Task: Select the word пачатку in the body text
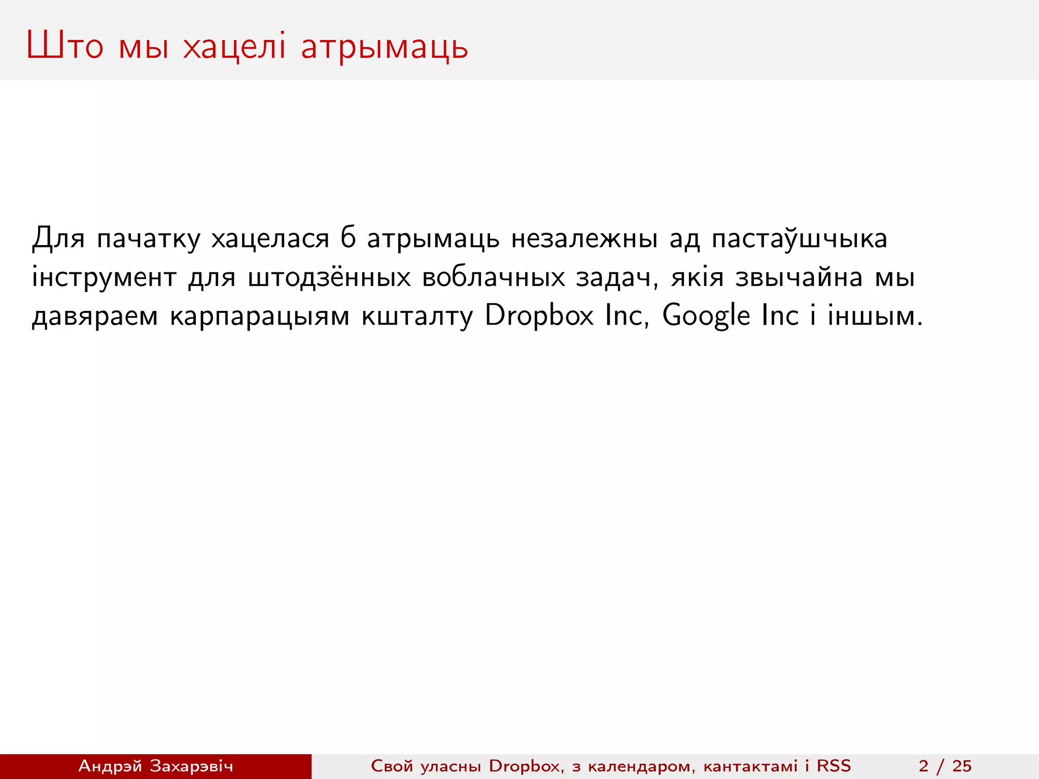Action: click(x=148, y=238)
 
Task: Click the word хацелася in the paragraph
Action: click(x=270, y=238)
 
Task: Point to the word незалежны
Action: click(x=584, y=238)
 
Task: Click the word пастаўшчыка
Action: click(x=799, y=238)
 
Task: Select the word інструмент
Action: click(x=104, y=277)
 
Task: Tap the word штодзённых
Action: click(x=329, y=277)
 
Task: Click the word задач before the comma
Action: click(x=613, y=277)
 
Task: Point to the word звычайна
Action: click(x=799, y=277)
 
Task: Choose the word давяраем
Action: click(x=95, y=316)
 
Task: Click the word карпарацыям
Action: click(x=259, y=316)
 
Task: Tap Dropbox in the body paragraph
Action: click(x=539, y=316)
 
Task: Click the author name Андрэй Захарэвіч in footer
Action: click(x=155, y=766)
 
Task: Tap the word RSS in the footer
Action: click(x=834, y=766)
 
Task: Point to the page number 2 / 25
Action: click(x=945, y=766)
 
